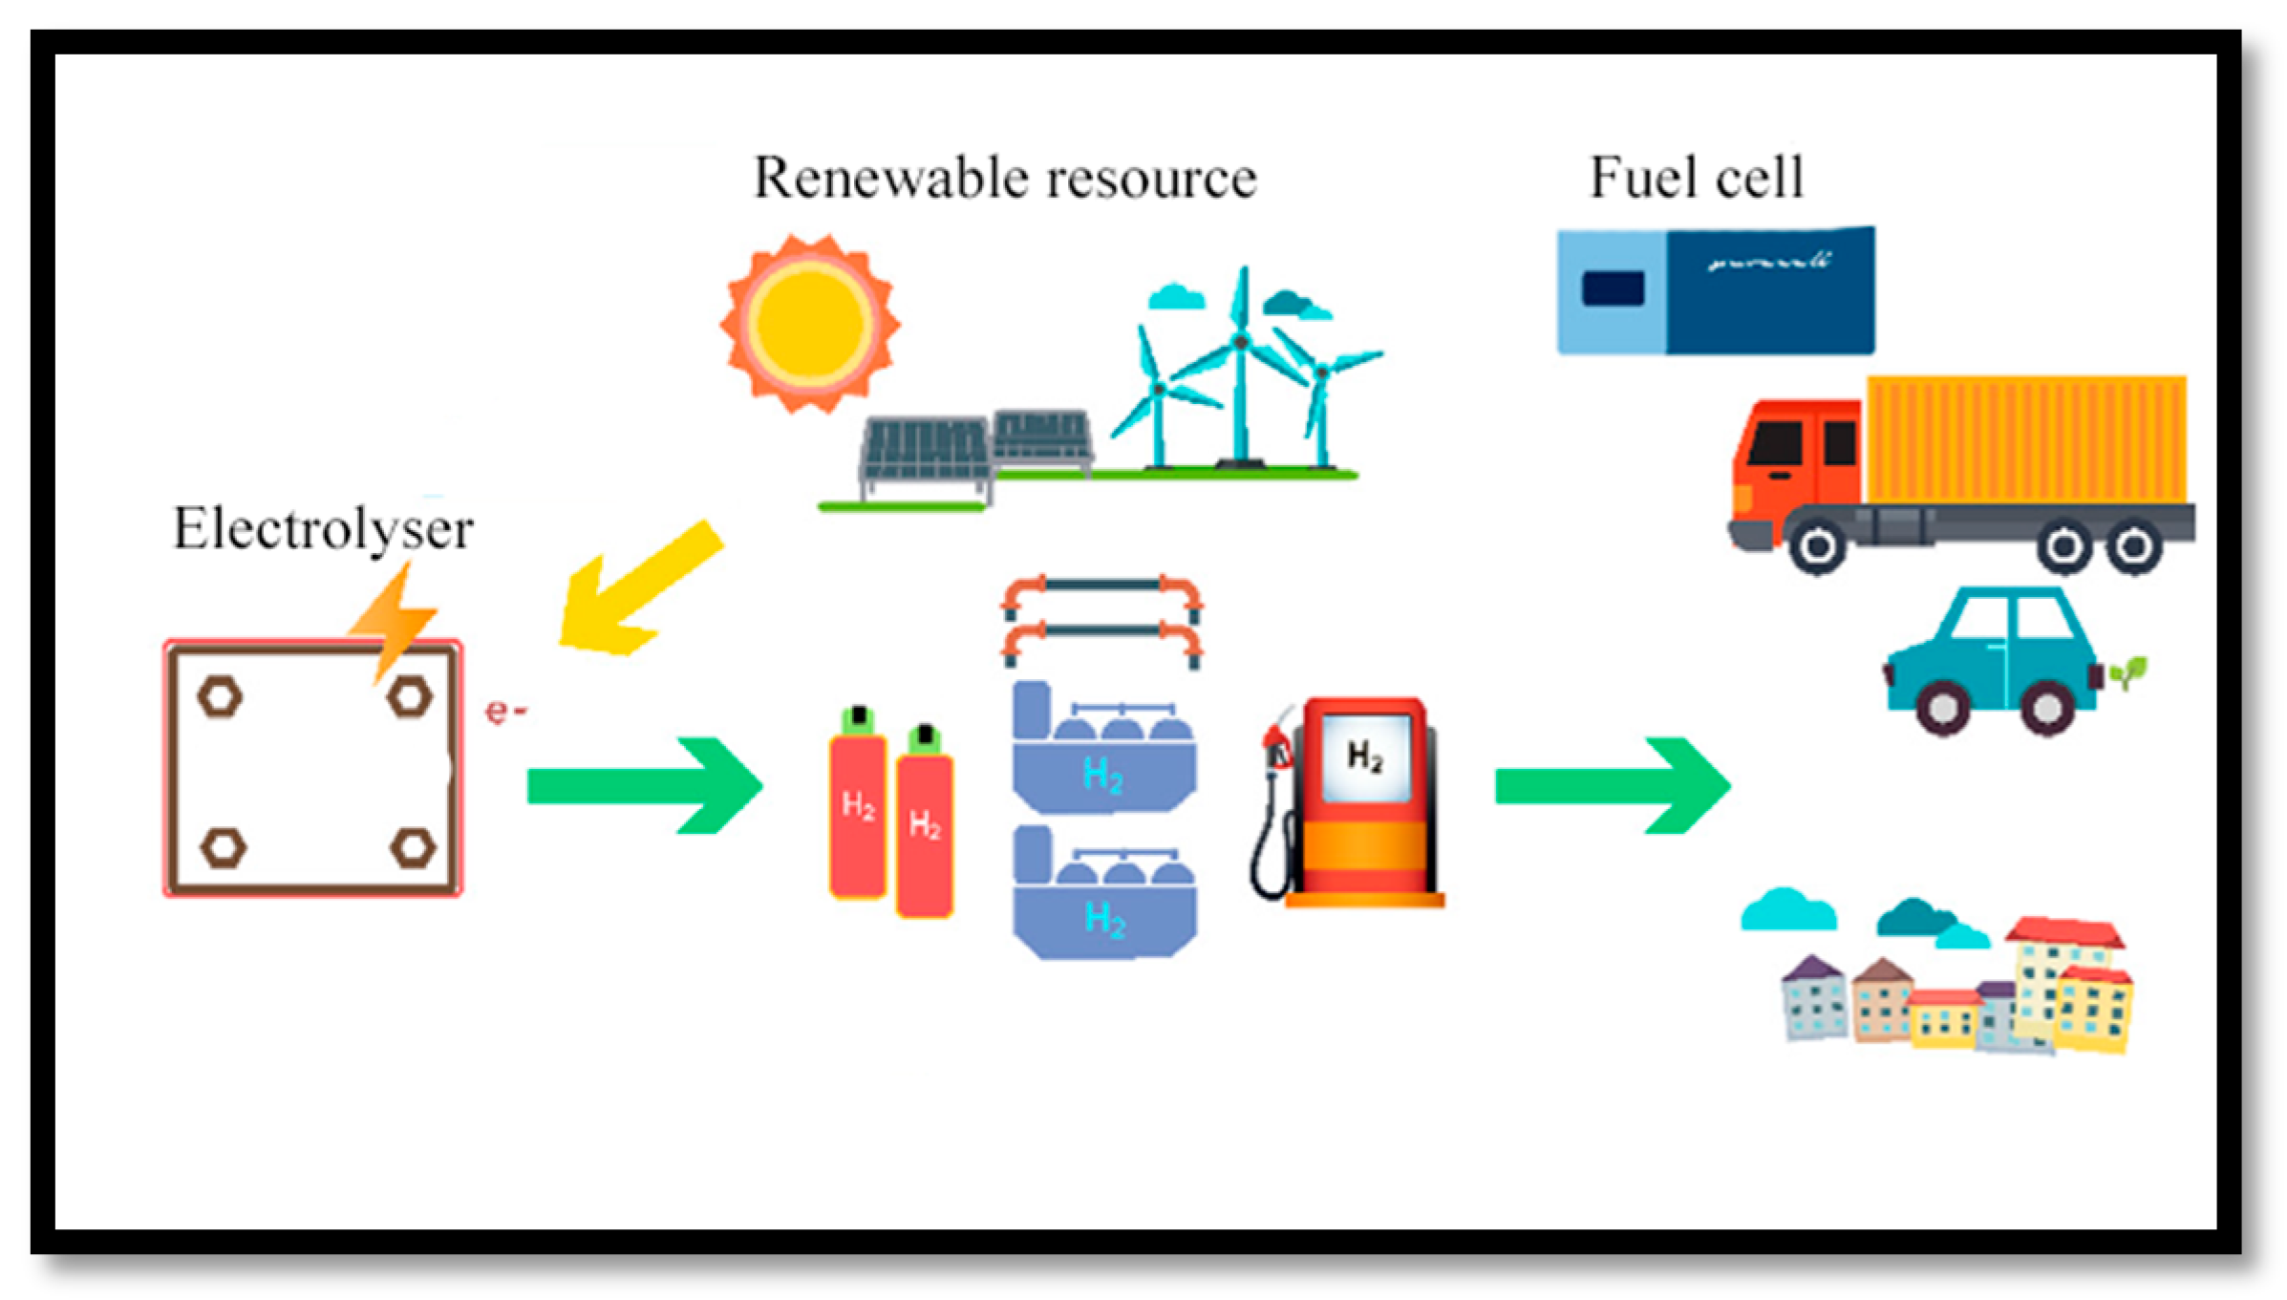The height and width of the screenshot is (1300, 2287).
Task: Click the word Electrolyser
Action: tap(323, 528)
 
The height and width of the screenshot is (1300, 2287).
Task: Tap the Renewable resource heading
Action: tap(1005, 179)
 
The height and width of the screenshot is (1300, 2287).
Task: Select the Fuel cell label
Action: tap(1697, 178)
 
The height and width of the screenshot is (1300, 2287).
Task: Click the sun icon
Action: tap(810, 324)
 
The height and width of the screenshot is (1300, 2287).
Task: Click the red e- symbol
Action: tap(504, 711)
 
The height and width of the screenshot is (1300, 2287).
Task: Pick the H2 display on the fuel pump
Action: tap(1364, 757)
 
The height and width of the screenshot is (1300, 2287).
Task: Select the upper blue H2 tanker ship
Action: tap(1103, 755)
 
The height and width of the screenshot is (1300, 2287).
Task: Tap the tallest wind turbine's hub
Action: tap(1241, 341)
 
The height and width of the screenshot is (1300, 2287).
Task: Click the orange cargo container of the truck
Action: tap(2025, 439)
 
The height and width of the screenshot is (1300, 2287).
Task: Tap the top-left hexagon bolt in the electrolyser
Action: tap(220, 697)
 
